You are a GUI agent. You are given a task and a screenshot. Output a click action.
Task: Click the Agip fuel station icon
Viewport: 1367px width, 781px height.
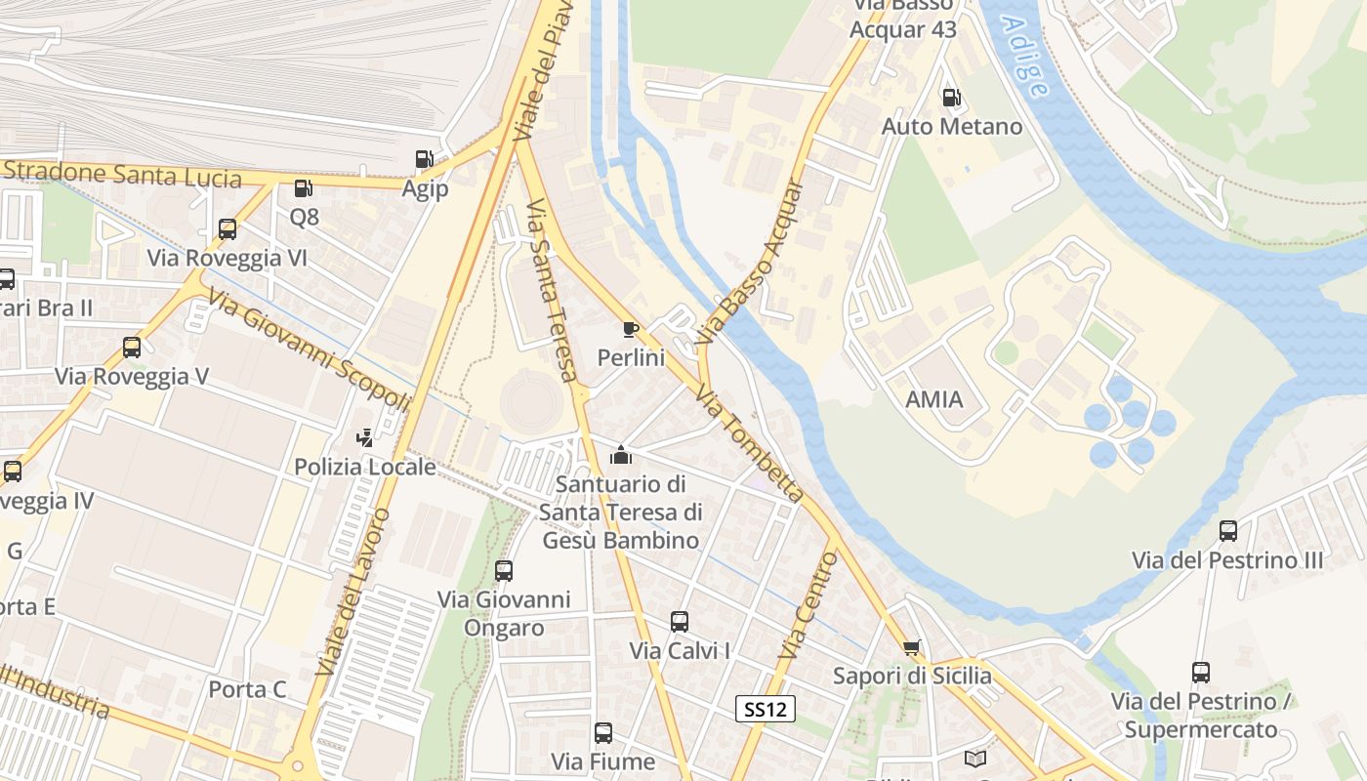click(424, 159)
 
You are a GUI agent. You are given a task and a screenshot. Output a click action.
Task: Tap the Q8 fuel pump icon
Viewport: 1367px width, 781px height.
click(304, 188)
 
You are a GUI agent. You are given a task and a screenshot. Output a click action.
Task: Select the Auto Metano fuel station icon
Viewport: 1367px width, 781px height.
click(950, 98)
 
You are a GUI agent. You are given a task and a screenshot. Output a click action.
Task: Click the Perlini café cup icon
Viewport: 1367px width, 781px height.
click(631, 330)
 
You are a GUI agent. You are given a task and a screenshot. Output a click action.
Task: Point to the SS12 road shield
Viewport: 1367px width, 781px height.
click(766, 710)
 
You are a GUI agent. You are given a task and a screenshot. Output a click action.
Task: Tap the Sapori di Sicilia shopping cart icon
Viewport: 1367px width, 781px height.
click(912, 647)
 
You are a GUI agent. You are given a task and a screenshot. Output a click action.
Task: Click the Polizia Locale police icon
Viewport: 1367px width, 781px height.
click(365, 438)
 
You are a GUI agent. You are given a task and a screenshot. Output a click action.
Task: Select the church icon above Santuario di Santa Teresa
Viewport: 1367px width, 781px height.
click(620, 455)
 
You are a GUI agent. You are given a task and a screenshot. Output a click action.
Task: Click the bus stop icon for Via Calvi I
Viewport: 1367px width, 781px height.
click(680, 622)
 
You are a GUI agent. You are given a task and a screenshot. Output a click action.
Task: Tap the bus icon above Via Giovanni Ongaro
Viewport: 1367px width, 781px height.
click(504, 571)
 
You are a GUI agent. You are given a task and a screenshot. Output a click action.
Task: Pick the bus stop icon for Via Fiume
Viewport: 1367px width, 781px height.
click(603, 733)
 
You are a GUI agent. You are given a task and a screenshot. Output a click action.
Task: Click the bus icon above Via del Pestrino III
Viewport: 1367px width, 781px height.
click(1228, 531)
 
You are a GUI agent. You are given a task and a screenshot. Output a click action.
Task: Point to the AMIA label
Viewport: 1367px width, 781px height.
click(934, 399)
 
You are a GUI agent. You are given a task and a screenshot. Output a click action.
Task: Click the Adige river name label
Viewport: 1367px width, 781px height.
click(1025, 58)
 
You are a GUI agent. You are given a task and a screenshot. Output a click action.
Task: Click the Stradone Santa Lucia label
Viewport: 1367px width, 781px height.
click(122, 175)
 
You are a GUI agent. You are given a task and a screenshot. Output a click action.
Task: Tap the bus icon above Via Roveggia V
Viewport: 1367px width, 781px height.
click(132, 348)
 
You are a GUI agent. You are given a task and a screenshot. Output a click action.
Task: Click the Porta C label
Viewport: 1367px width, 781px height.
click(248, 690)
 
